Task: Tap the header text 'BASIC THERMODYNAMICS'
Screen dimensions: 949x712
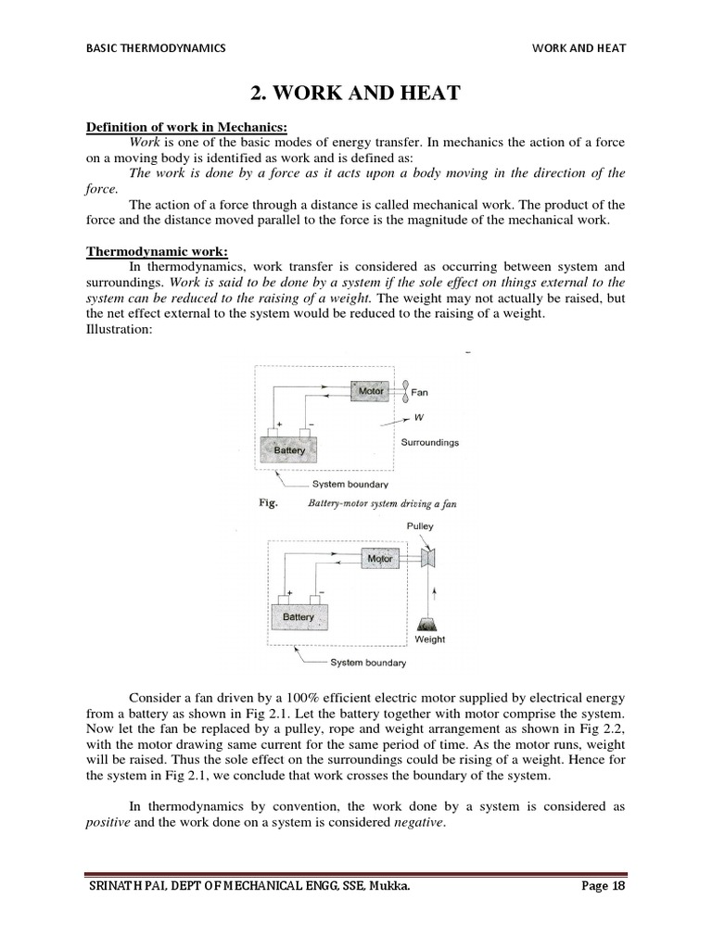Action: point(156,48)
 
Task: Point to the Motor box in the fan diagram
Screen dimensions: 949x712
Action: point(371,392)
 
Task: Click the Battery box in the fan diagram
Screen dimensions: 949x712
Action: point(289,449)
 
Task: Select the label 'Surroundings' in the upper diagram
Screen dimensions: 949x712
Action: point(429,442)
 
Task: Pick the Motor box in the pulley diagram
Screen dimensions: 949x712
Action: point(380,559)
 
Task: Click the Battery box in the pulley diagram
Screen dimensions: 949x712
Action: point(299,616)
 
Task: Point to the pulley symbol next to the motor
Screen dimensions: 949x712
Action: point(429,558)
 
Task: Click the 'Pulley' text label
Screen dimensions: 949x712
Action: point(420,525)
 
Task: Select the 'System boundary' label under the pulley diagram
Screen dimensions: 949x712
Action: point(368,663)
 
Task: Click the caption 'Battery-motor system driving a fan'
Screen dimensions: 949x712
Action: point(381,504)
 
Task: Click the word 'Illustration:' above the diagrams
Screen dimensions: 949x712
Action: point(119,329)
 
